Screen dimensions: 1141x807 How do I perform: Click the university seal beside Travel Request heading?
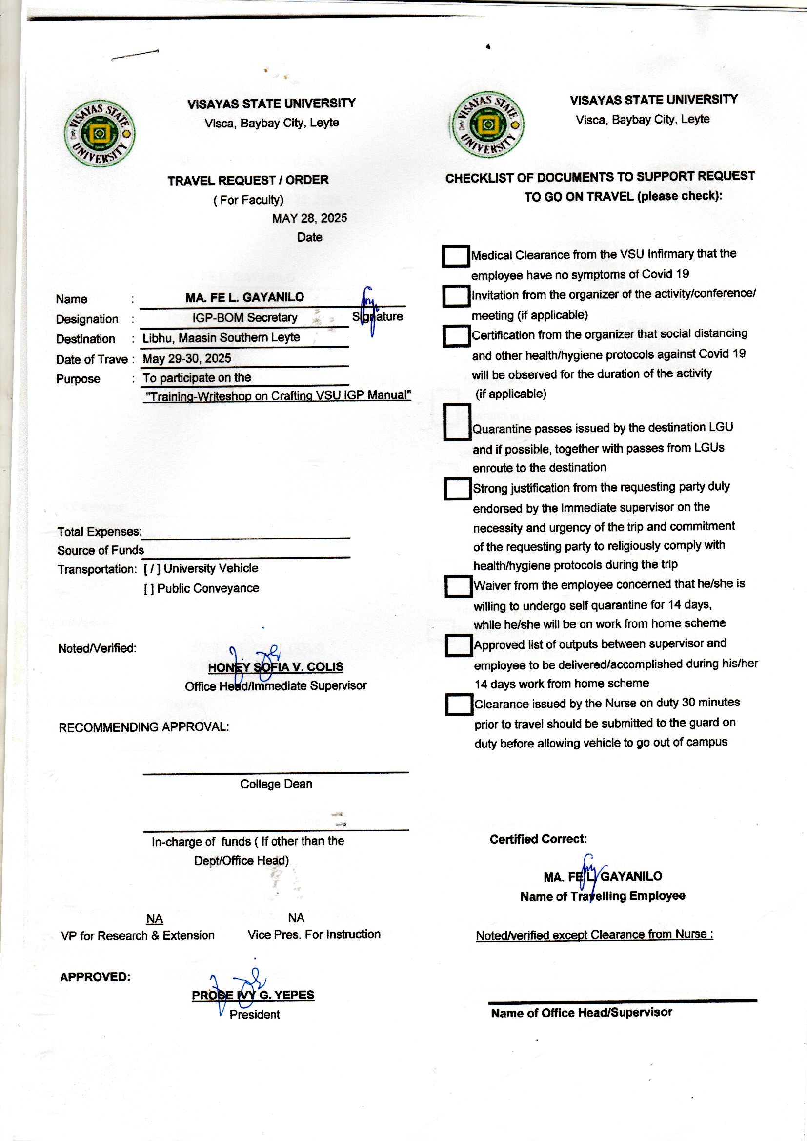(100, 134)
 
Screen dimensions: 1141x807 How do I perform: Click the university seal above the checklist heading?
(488, 125)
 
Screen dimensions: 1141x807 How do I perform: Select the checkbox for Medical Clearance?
(456, 256)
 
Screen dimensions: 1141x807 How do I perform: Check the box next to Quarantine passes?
(457, 422)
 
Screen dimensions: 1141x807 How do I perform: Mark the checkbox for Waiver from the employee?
(458, 586)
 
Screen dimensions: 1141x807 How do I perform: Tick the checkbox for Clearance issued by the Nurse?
(459, 705)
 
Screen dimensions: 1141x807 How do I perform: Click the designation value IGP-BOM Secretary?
(244, 318)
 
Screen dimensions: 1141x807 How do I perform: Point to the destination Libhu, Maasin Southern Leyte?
(221, 338)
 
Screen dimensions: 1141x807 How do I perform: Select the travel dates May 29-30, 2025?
(187, 358)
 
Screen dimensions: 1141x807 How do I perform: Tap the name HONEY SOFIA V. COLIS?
(275, 667)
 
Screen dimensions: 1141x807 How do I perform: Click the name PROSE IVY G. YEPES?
(253, 996)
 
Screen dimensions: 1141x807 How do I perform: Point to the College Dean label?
(276, 784)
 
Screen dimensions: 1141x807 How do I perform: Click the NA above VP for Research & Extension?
(155, 919)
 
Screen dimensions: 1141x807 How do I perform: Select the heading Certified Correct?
(538, 840)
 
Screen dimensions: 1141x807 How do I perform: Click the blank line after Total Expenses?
(246, 533)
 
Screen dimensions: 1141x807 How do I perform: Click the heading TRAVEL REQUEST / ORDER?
(248, 181)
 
